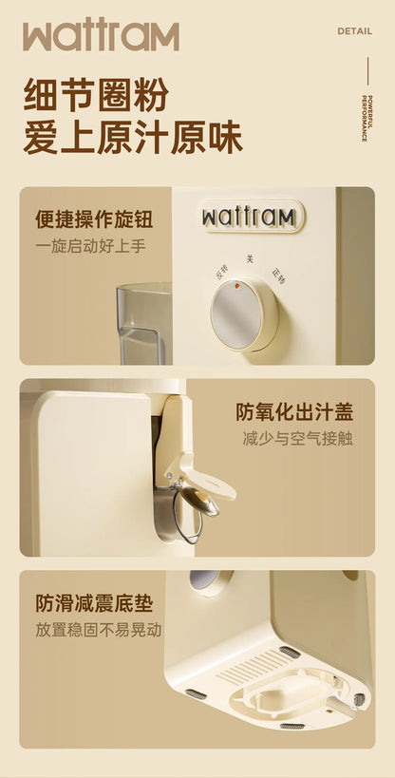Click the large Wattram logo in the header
click(x=101, y=36)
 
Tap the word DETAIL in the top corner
click(x=353, y=31)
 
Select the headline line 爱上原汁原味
click(x=133, y=138)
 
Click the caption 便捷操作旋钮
click(x=94, y=220)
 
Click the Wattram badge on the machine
click(x=252, y=217)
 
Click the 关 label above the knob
click(x=250, y=258)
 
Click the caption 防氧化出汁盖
click(x=294, y=412)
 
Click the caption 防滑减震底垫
click(x=94, y=603)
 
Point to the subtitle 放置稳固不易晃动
click(x=99, y=629)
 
